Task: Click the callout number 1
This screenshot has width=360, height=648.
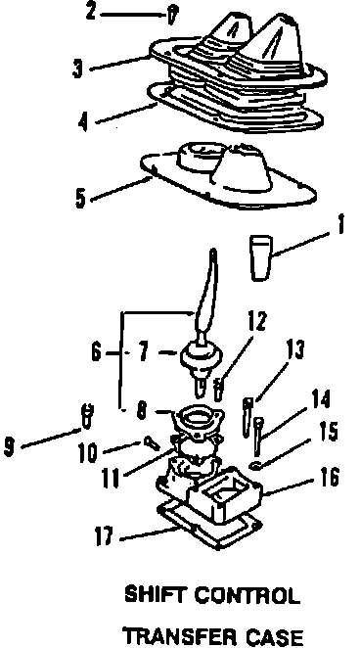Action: (x=339, y=226)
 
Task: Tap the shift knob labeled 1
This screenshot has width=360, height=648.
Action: (x=260, y=258)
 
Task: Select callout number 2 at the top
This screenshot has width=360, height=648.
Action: (x=91, y=12)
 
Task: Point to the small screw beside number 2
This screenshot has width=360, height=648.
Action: (x=172, y=17)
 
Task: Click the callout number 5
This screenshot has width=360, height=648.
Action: (x=80, y=198)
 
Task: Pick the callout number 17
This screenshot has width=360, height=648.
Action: (x=103, y=536)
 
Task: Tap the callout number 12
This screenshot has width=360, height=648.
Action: (x=256, y=322)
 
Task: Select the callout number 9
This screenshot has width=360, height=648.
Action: (x=9, y=447)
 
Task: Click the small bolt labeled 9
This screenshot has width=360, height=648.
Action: (x=87, y=415)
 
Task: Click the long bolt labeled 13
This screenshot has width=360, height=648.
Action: (x=247, y=417)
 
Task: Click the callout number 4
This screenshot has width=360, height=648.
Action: (x=83, y=122)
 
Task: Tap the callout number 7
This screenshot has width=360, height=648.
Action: (x=144, y=353)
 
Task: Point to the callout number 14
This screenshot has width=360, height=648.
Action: (x=321, y=399)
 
